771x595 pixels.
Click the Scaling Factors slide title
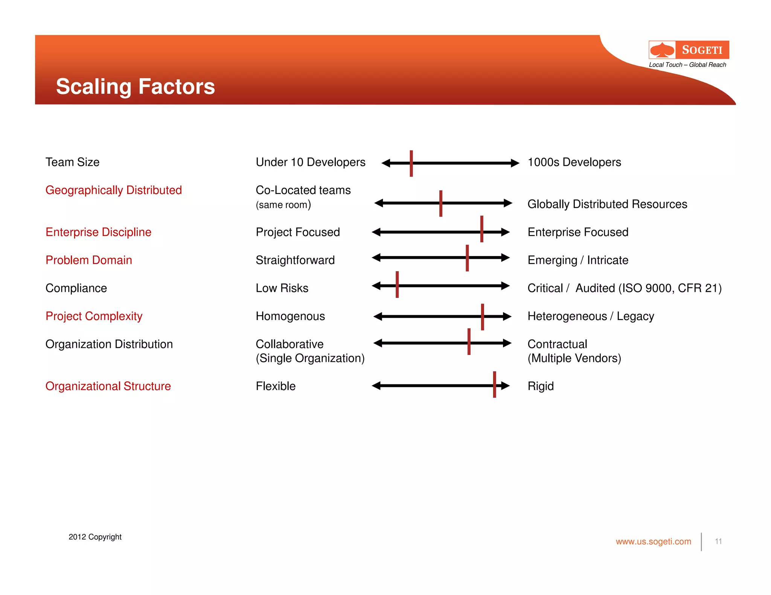coord(136,87)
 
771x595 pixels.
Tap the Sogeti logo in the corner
coord(689,50)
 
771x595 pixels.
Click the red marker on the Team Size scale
coord(411,163)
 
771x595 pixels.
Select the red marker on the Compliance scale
coord(397,285)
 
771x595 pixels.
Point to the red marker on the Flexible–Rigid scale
coord(494,384)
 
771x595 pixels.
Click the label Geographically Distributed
coord(113,190)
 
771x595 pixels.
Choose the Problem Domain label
coord(88,260)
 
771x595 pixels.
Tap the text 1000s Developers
coord(574,162)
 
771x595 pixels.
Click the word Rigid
coord(541,386)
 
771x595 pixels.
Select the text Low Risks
coord(282,288)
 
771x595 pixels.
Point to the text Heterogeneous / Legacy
coord(591,316)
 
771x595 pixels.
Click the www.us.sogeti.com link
coord(653,542)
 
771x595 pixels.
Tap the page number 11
coord(718,541)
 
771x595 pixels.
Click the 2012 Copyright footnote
coord(95,537)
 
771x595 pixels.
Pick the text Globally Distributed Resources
coord(607,204)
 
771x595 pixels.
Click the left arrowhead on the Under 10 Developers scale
coord(386,163)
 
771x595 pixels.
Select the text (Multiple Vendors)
coord(574,358)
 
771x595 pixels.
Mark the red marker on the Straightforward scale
coord(467,258)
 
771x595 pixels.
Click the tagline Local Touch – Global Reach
coord(687,65)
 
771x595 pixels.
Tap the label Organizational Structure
coord(108,386)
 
